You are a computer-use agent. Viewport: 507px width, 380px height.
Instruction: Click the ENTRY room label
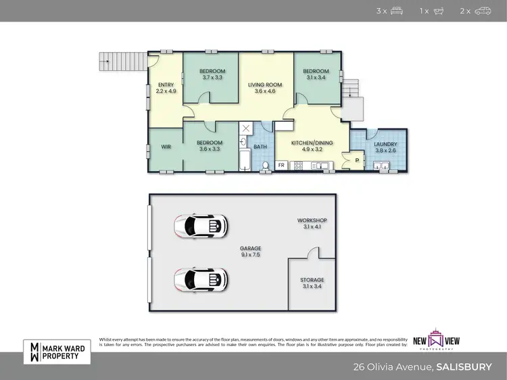(166, 87)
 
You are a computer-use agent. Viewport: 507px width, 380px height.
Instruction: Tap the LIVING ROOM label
(264, 87)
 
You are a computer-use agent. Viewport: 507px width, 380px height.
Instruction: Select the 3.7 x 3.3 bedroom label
(212, 74)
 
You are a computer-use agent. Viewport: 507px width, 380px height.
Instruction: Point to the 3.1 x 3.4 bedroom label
(316, 74)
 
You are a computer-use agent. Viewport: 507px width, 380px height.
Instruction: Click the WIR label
(166, 146)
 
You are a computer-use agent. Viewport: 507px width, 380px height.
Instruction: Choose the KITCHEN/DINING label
(312, 146)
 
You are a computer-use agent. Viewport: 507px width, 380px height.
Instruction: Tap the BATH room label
(260, 147)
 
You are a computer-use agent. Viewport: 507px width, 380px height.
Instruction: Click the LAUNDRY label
(385, 147)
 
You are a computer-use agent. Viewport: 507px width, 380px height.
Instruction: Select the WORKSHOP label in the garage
(312, 224)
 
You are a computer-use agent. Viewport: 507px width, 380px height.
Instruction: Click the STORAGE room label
(312, 283)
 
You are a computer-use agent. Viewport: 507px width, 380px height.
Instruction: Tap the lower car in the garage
(200, 279)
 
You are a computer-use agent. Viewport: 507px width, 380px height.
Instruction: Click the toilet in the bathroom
(266, 164)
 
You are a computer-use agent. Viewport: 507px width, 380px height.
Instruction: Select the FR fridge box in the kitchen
(281, 164)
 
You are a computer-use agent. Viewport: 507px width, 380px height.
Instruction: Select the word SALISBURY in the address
(464, 368)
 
